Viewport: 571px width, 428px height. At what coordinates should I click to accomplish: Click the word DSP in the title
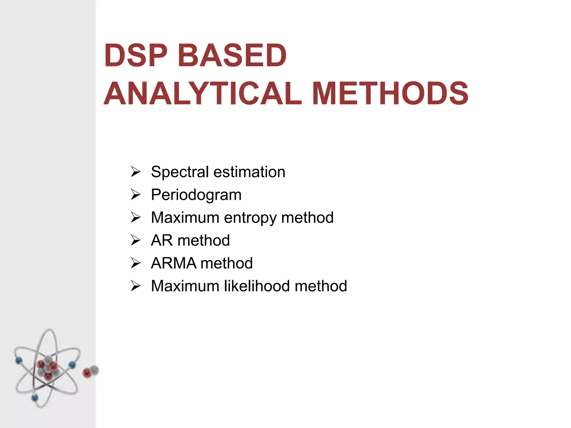pos(136,56)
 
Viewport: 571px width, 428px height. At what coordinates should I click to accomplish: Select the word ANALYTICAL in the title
pos(203,94)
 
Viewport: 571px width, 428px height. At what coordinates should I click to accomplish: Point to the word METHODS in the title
pos(390,94)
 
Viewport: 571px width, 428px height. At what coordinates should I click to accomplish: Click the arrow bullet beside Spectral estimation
pos(136,172)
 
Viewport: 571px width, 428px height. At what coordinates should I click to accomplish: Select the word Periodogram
pos(196,195)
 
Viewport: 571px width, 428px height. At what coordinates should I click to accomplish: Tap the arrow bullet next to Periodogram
pos(136,194)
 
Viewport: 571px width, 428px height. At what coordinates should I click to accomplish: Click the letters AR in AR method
pos(162,240)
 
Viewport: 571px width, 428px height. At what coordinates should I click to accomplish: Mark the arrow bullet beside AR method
pos(136,240)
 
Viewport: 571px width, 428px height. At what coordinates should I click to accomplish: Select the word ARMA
pos(173,263)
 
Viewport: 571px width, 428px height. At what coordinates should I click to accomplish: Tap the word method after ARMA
pos(227,263)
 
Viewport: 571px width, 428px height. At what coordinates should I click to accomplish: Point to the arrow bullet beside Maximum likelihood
pos(136,286)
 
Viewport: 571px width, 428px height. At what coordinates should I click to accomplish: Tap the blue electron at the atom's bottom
pos(35,398)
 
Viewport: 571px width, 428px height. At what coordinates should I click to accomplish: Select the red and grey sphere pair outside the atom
pos(91,371)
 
